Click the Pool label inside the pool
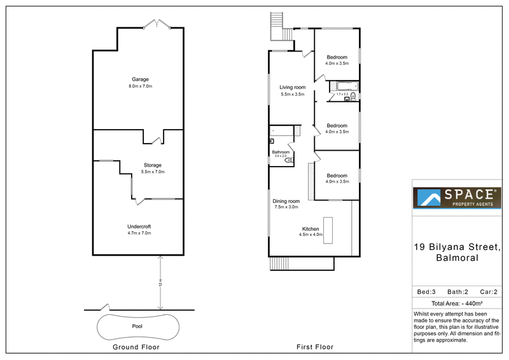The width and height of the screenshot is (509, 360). [x=137, y=326]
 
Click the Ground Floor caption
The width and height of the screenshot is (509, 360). [x=136, y=347]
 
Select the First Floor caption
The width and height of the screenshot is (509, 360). [x=315, y=347]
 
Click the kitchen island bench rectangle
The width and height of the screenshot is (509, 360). [x=328, y=227]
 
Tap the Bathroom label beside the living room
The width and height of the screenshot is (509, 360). [x=281, y=153]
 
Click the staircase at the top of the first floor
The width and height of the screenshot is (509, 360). [x=277, y=22]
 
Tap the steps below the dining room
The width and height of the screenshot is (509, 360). [x=279, y=263]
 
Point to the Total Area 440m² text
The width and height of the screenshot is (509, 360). [x=457, y=303]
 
